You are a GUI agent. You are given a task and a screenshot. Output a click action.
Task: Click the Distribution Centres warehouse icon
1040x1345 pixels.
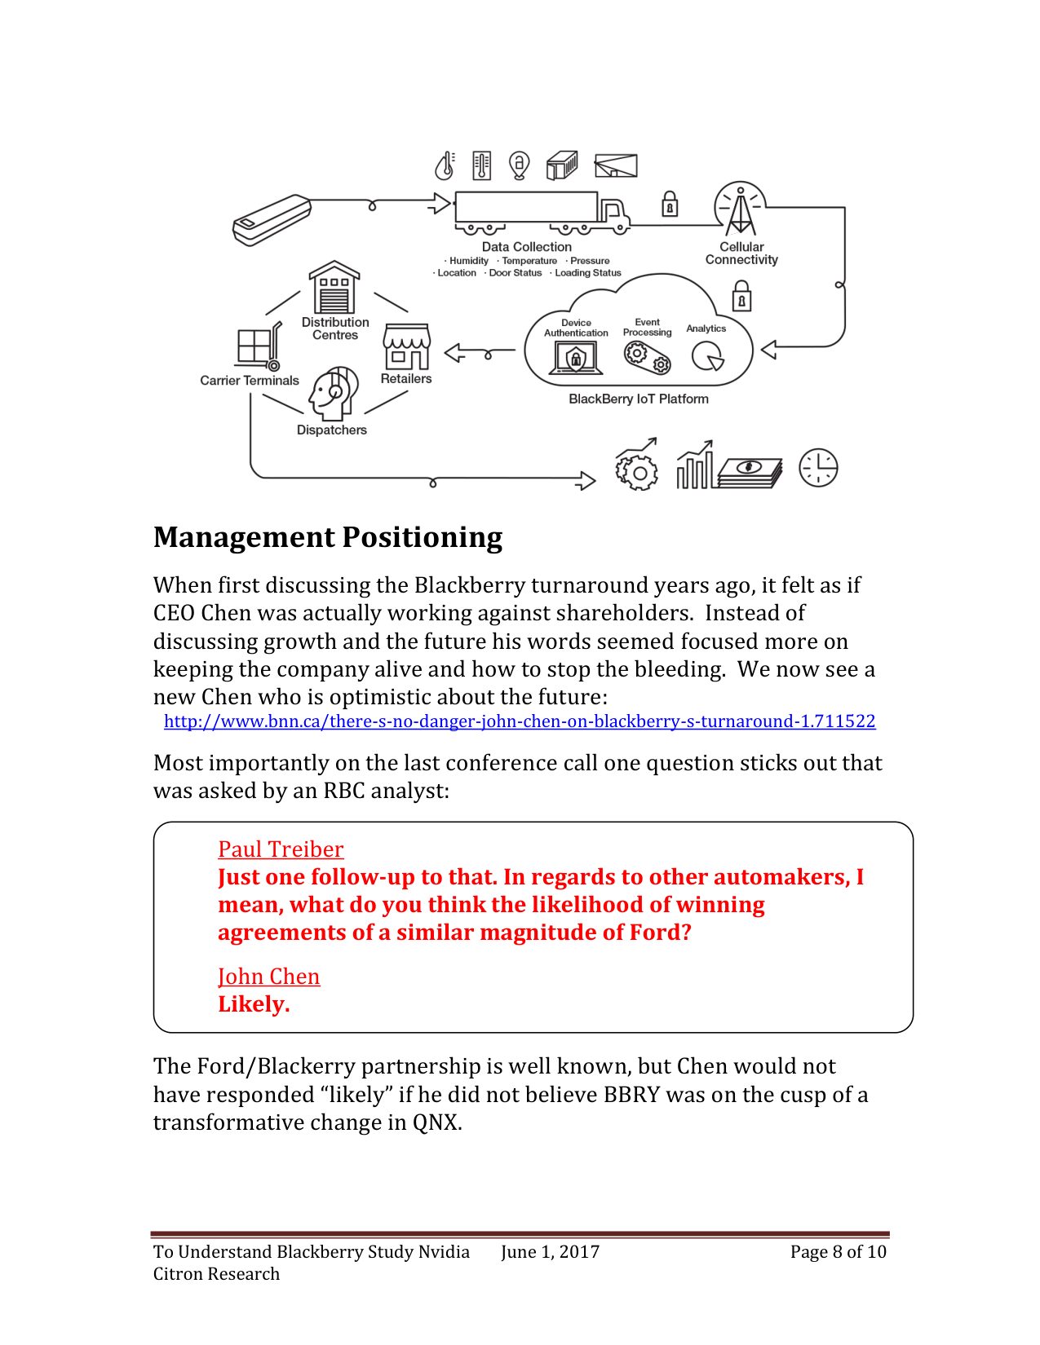(334, 287)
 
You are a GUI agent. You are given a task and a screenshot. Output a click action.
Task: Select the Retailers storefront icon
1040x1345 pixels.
(406, 347)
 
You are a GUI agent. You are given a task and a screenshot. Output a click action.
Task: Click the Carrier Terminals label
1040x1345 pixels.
(250, 381)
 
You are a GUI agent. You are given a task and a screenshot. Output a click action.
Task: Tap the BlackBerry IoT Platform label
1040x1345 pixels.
(638, 399)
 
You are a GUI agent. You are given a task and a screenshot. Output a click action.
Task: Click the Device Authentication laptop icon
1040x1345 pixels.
(576, 357)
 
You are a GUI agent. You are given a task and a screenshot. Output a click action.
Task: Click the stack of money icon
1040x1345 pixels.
(750, 471)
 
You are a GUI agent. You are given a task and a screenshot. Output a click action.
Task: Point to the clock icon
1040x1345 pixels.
(818, 468)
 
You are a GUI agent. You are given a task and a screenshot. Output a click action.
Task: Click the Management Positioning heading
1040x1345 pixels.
(328, 538)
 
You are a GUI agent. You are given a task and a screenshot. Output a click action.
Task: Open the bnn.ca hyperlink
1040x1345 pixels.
(520, 721)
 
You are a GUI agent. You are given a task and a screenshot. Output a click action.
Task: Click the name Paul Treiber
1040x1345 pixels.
(281, 849)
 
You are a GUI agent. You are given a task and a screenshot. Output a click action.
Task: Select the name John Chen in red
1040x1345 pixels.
(268, 977)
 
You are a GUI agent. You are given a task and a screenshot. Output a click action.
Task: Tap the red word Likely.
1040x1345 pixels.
(254, 1004)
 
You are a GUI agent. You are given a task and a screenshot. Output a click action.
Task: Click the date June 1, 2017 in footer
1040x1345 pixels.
(550, 1252)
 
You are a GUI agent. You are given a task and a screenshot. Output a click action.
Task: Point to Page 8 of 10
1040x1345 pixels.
(838, 1252)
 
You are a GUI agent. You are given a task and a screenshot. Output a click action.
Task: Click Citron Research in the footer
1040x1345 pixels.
(216, 1274)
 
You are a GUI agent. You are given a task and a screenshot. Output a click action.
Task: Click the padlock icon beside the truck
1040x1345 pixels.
(670, 203)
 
